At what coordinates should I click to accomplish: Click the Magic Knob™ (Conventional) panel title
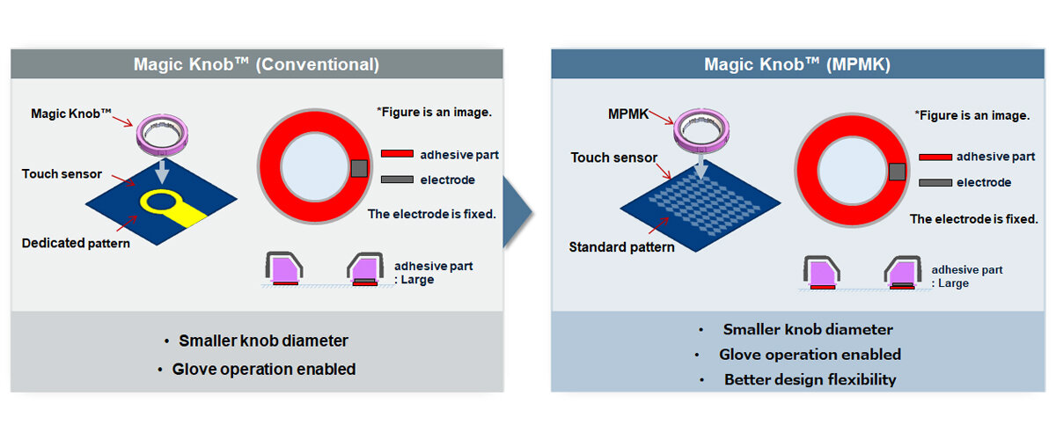click(256, 64)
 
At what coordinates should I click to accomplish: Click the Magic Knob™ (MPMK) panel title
click(796, 64)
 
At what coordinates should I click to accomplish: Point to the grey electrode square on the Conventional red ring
click(359, 168)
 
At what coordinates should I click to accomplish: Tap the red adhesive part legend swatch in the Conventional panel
click(397, 155)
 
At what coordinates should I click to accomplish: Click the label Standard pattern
click(622, 247)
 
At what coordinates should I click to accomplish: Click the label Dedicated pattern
click(76, 242)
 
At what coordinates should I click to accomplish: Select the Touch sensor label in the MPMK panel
click(614, 158)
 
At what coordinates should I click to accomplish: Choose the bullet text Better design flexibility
click(810, 379)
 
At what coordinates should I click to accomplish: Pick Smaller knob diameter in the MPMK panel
click(808, 329)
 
